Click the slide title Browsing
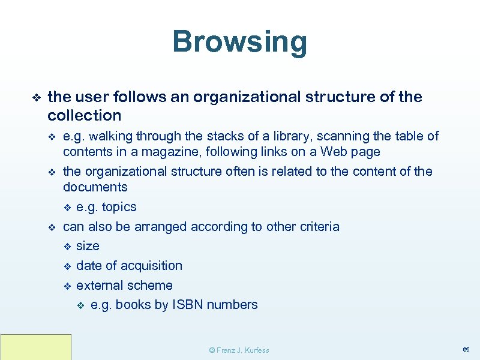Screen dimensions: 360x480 point(239,42)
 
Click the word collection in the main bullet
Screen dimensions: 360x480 point(84,115)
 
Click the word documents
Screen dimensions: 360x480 point(95,187)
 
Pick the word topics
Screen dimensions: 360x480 point(119,207)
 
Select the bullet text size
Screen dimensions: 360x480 point(88,246)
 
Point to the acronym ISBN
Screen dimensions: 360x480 point(188,305)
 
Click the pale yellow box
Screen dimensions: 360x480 point(36,347)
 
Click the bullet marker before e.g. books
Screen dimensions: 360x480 point(82,305)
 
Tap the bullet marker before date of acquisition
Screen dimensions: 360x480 point(67,266)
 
